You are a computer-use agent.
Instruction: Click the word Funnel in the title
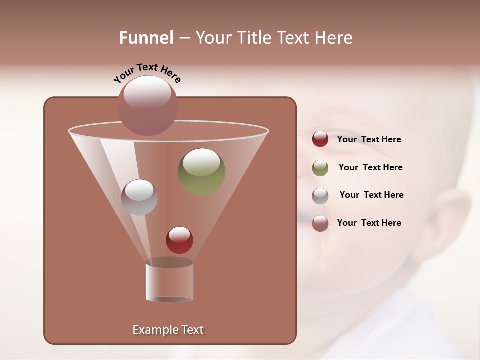pyautogui.click(x=146, y=38)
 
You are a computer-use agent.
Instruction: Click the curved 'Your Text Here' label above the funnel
pyautogui.click(x=147, y=73)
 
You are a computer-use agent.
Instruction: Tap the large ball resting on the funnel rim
pyautogui.click(x=147, y=106)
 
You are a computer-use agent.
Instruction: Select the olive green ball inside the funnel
pyautogui.click(x=202, y=172)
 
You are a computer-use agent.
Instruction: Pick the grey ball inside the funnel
pyautogui.click(x=139, y=197)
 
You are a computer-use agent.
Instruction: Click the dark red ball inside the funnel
pyautogui.click(x=179, y=240)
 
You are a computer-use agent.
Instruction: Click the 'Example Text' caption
pyautogui.click(x=168, y=330)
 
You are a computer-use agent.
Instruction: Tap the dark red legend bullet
pyautogui.click(x=320, y=139)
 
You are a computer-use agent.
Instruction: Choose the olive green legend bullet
pyautogui.click(x=320, y=168)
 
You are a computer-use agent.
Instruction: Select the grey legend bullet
pyautogui.click(x=320, y=196)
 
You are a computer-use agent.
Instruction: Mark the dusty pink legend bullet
pyautogui.click(x=320, y=223)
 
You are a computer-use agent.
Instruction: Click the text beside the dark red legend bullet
pyautogui.click(x=369, y=140)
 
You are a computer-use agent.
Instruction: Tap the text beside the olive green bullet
pyautogui.click(x=370, y=168)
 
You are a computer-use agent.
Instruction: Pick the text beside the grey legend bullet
pyautogui.click(x=371, y=195)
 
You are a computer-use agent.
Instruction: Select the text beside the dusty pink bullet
pyautogui.click(x=369, y=223)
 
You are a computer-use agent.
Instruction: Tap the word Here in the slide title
pyautogui.click(x=334, y=38)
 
